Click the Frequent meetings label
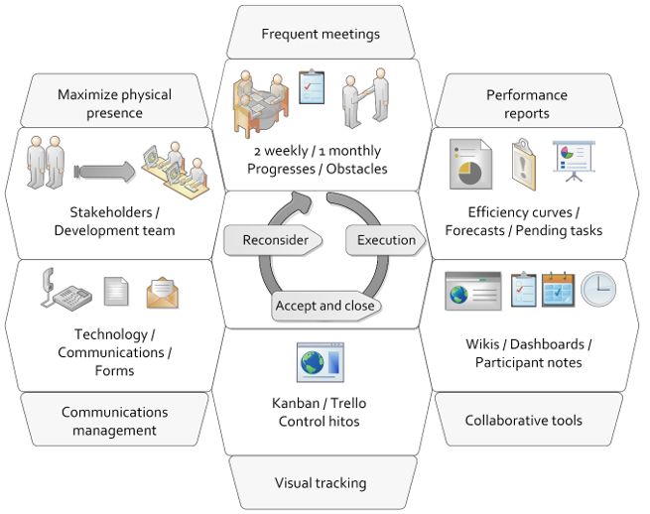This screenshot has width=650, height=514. coord(321,34)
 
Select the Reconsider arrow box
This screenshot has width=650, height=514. coord(275,240)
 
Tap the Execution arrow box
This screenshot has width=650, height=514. coord(385,240)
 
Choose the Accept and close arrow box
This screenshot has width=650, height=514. coord(325,306)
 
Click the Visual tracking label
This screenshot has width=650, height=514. coord(321,483)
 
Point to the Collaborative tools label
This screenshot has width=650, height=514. coord(524,420)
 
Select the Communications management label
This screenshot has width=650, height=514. coord(114,421)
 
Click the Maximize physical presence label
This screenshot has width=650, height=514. coord(114,104)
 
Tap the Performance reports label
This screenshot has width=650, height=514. coord(526,104)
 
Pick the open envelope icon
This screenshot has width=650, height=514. coord(162,292)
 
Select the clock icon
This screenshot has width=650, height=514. coord(598,289)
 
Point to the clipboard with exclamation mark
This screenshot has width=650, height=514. coord(523,159)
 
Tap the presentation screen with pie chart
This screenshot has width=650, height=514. coord(572,160)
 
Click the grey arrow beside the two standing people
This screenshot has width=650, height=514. coord(104,172)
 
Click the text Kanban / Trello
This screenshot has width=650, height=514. coord(321,403)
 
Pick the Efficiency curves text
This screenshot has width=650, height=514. coord(524,212)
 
